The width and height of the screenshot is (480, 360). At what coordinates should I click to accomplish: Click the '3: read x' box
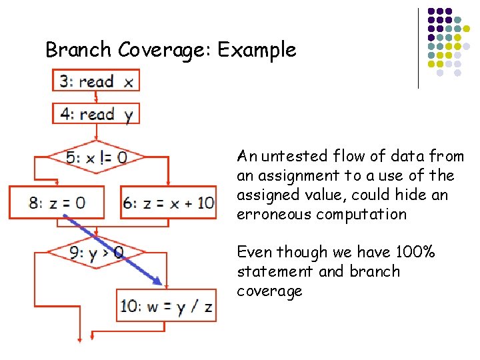pyautogui.click(x=96, y=81)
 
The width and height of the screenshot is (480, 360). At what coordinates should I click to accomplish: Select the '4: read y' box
pyautogui.click(x=96, y=113)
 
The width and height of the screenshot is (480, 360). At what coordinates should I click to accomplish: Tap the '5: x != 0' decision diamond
pyautogui.click(x=97, y=158)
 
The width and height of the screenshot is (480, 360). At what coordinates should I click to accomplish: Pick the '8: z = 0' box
pyautogui.click(x=57, y=202)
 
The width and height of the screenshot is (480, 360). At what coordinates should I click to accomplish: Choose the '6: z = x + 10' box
pyautogui.click(x=169, y=202)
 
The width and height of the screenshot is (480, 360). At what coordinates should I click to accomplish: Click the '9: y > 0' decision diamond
pyautogui.click(x=97, y=253)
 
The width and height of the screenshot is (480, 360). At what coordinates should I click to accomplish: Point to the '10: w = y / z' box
pyautogui.click(x=166, y=306)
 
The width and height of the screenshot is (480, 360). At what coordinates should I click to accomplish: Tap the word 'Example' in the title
pyautogui.click(x=257, y=50)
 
